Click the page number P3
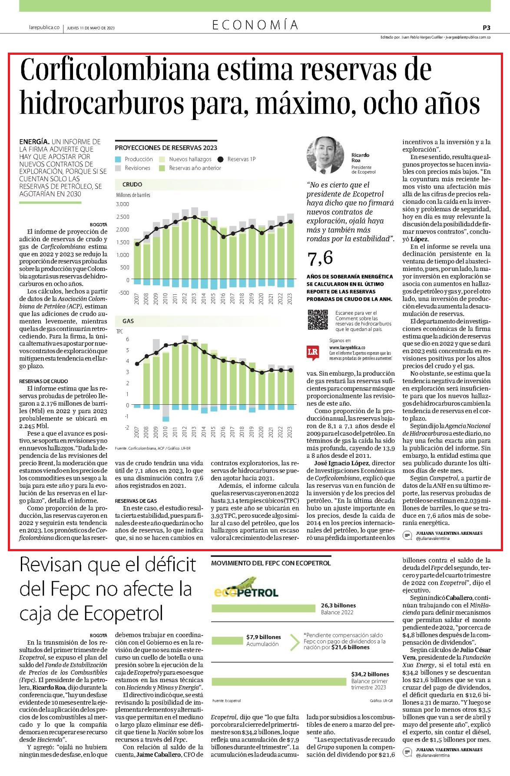[x=486, y=27]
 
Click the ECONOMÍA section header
[x=255, y=25]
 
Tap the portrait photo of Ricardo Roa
[x=325, y=155]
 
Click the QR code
[x=318, y=320]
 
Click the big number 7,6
[x=320, y=258]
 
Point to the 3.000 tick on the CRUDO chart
[x=123, y=204]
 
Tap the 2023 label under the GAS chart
[x=290, y=432]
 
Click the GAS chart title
[x=128, y=321]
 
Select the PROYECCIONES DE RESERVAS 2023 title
[x=166, y=148]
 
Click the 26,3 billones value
[x=338, y=605]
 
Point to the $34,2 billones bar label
[x=370, y=674]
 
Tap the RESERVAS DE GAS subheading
[x=136, y=501]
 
